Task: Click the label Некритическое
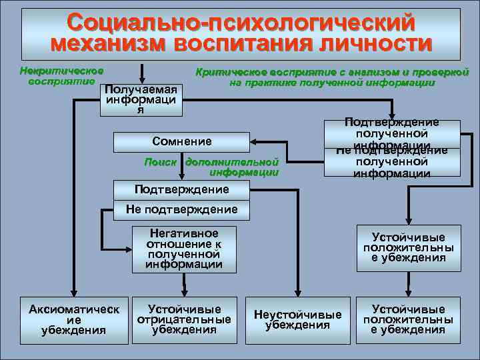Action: [61, 71]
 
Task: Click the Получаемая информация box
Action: [140, 100]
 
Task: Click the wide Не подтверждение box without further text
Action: [181, 210]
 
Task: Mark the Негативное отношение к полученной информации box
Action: [184, 249]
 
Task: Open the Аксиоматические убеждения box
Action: [74, 319]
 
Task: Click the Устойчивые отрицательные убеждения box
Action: [184, 319]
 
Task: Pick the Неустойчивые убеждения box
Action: [297, 319]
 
